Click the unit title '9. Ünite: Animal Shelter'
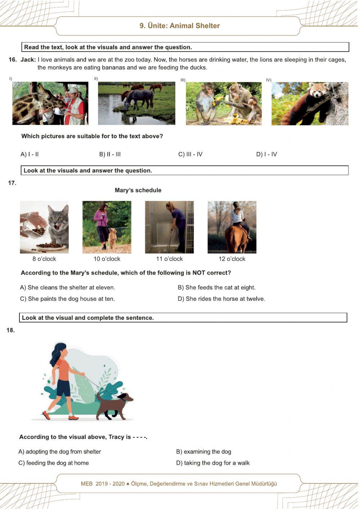coord(180,26)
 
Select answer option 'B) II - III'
coord(110,155)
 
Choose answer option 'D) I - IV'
coord(266,155)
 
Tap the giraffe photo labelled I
coord(50,103)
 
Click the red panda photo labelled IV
coord(310,104)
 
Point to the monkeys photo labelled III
coord(224,104)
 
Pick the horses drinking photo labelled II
coord(136,103)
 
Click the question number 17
coord(12,183)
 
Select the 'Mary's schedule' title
coord(138,190)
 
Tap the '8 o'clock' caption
coord(44,259)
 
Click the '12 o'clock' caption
coord(232,259)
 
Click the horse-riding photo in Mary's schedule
coord(232,227)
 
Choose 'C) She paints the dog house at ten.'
coord(68,299)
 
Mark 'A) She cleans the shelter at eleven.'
coord(68,288)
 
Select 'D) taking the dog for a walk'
coord(213,463)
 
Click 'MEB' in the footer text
coord(87,484)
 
